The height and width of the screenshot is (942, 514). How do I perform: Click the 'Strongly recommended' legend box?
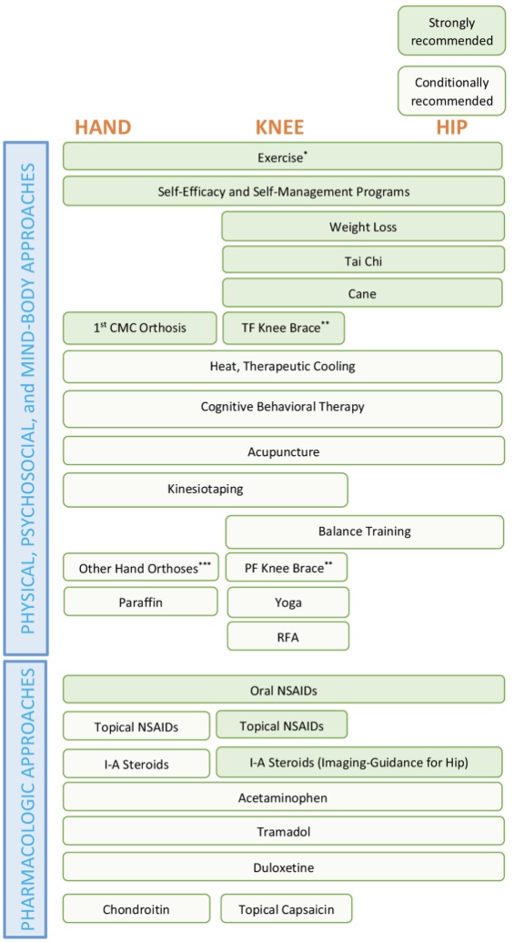click(x=451, y=31)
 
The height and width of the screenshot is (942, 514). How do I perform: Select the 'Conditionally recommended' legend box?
click(x=451, y=91)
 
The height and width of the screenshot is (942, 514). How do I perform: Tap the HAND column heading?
click(x=103, y=127)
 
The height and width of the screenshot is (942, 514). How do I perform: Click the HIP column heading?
click(x=451, y=127)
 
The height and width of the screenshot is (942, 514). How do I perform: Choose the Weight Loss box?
click(x=363, y=227)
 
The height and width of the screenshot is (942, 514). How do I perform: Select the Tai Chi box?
click(x=363, y=261)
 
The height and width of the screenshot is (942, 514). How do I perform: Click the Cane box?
click(x=362, y=293)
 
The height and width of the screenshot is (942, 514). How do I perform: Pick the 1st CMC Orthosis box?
click(x=140, y=328)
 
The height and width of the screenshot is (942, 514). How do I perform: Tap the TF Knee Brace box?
click(x=283, y=328)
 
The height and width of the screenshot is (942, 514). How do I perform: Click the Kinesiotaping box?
click(x=205, y=489)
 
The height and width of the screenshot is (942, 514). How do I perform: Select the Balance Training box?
click(x=364, y=532)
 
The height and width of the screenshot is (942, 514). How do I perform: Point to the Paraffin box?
click(x=140, y=602)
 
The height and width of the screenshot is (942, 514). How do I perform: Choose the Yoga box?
click(x=287, y=603)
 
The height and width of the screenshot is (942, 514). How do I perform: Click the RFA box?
click(x=287, y=636)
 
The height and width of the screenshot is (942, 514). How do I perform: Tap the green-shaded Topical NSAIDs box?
click(x=281, y=725)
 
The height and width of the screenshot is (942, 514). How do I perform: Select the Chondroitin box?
click(x=136, y=908)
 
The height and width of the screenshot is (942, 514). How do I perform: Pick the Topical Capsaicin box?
click(x=286, y=908)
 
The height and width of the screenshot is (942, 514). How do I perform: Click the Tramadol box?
click(x=283, y=831)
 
